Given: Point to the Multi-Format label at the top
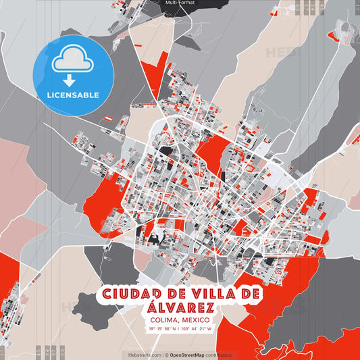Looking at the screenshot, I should point(180,3).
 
